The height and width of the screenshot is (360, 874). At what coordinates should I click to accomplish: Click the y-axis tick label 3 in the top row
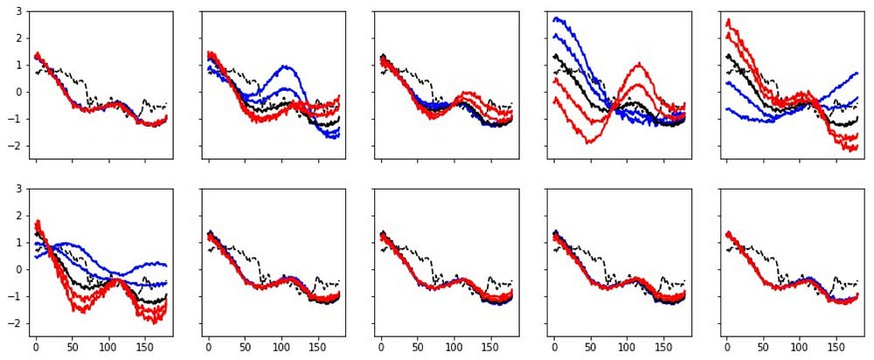(18, 11)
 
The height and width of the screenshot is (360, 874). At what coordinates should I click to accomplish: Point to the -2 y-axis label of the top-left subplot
(16, 146)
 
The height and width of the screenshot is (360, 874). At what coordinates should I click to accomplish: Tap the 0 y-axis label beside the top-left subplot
(18, 92)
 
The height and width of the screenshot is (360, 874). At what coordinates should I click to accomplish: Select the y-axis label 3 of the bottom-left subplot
(18, 189)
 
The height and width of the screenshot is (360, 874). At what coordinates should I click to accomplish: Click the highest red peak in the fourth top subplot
(640, 63)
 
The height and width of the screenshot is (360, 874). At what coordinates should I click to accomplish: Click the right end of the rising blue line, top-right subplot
(857, 73)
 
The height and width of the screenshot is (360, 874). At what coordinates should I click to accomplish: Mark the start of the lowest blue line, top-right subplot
(727, 108)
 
